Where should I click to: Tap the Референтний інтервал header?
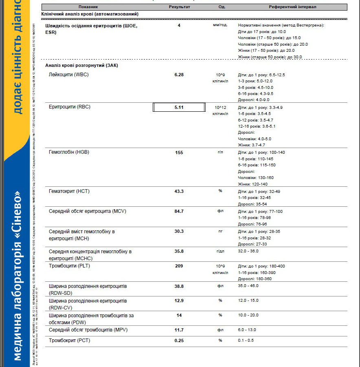292,7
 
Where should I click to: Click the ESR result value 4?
179,26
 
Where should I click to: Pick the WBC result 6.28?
179,75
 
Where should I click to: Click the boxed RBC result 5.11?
179,107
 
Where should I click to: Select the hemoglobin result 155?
179,153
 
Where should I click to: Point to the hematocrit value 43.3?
179,191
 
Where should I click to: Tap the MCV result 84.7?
179,211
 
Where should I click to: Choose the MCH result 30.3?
179,231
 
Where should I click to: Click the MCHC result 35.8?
179,251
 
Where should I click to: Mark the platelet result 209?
179,266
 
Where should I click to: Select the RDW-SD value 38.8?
179,286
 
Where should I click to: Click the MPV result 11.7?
179,330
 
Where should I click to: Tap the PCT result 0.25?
179,340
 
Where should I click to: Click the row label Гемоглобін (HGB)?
69,152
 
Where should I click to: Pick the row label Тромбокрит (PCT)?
69,340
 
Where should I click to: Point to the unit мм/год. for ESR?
220,25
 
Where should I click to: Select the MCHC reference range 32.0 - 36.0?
248,251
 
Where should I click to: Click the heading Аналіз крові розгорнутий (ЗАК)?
82,65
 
